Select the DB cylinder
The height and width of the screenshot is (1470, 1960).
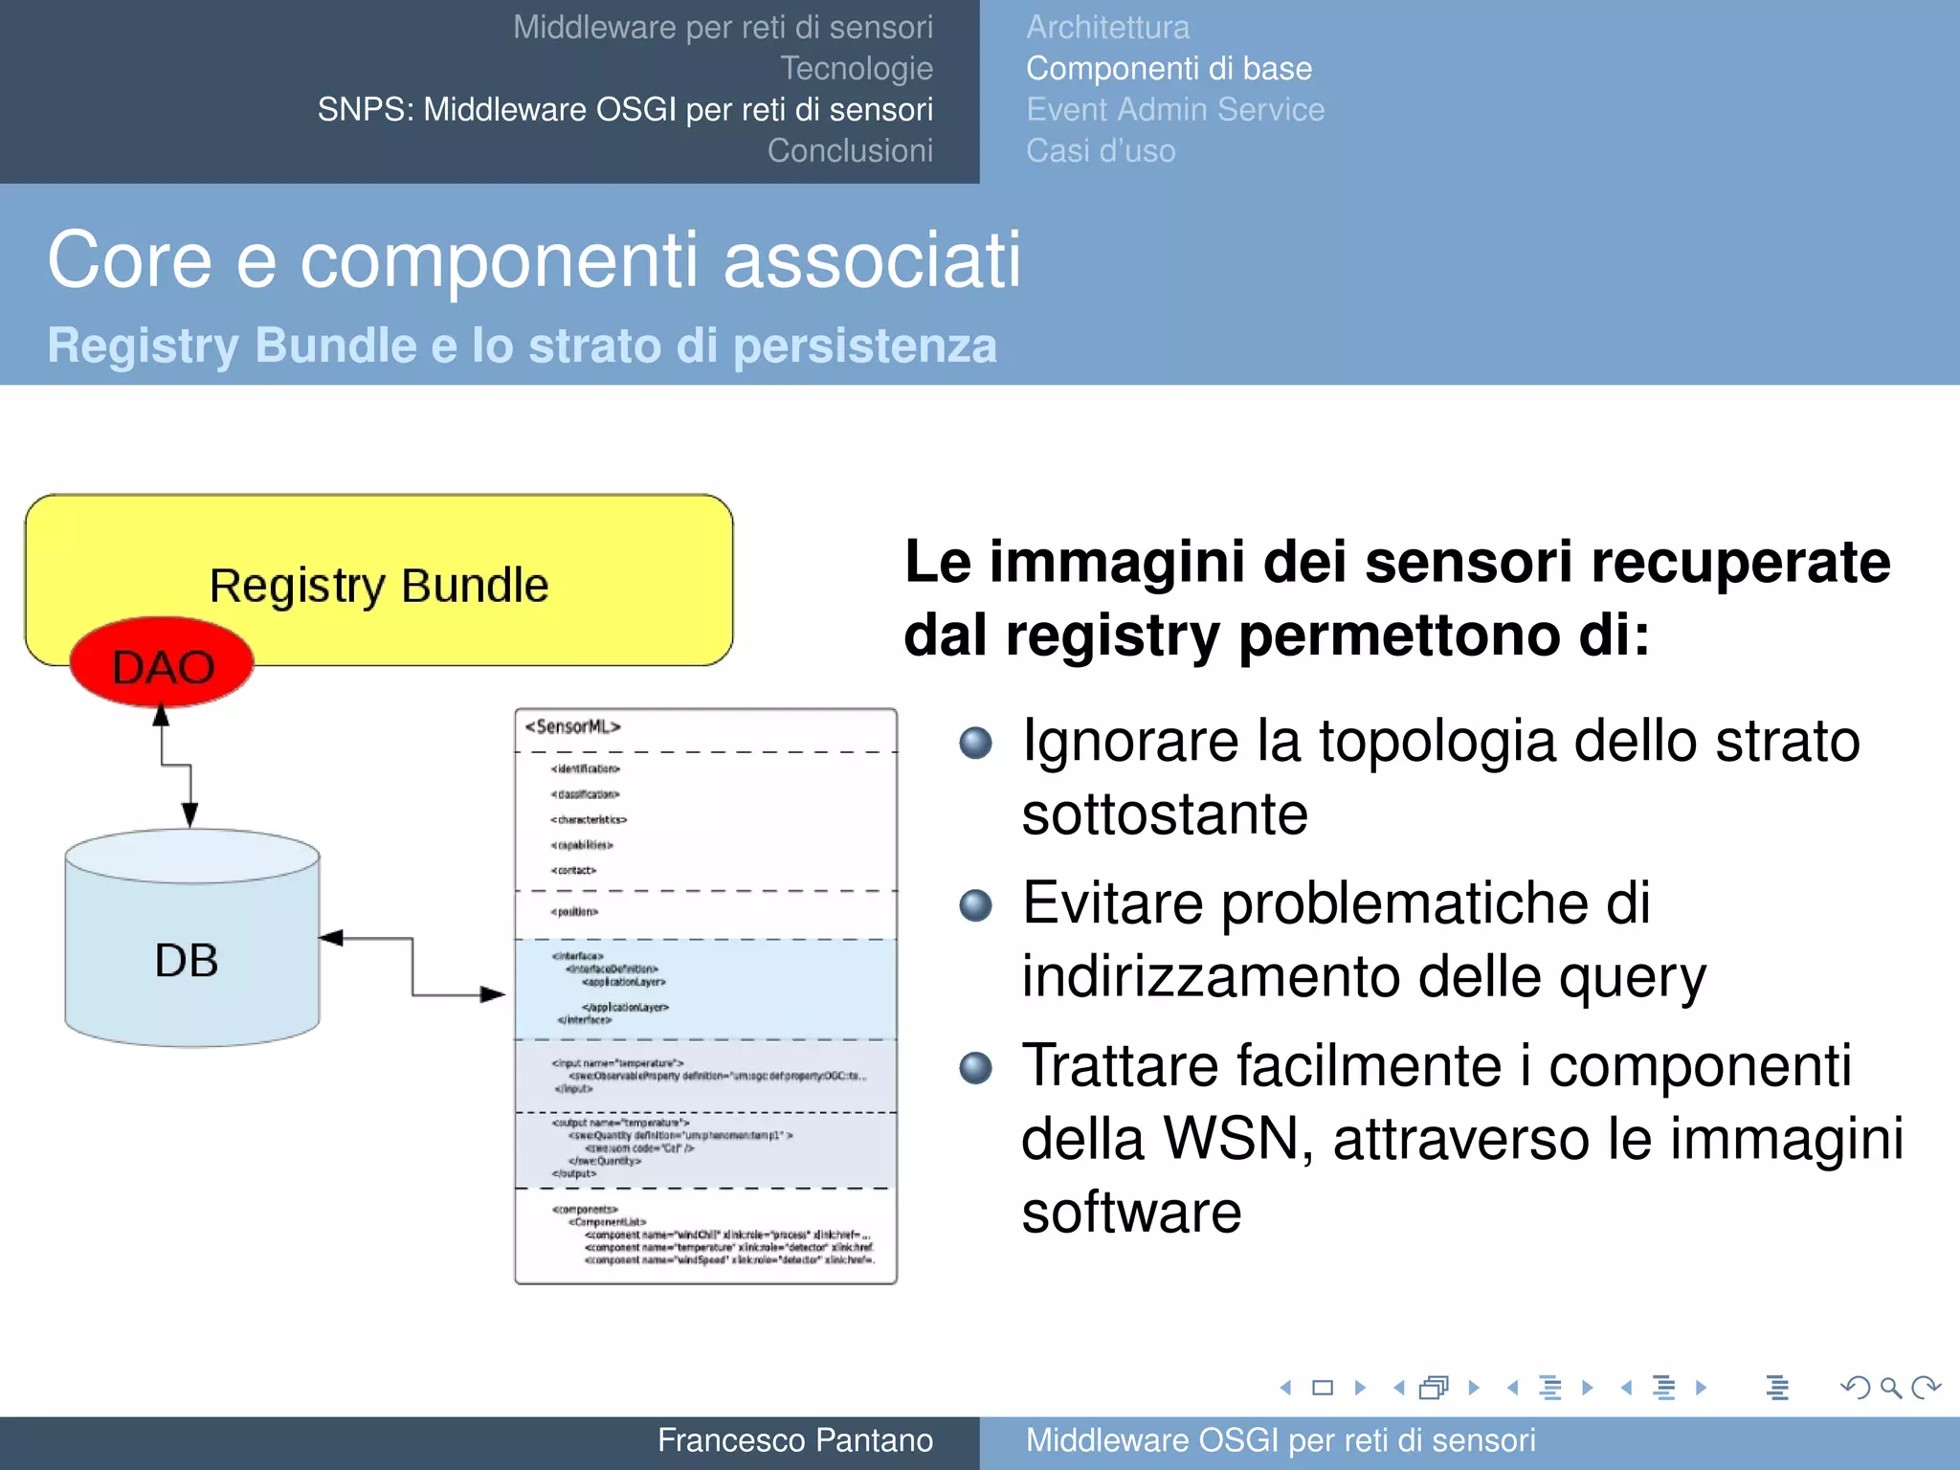pos(191,957)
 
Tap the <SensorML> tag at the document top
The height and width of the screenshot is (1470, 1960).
pos(572,727)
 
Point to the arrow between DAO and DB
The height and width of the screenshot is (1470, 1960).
pos(176,766)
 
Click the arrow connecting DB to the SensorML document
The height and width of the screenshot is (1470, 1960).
pos(412,967)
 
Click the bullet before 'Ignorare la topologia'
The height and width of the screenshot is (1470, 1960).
pos(975,743)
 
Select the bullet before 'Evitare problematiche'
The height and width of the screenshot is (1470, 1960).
pos(975,904)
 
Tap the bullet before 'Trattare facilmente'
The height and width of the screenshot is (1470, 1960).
pos(975,1067)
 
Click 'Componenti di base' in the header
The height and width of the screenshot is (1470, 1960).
pos(1169,69)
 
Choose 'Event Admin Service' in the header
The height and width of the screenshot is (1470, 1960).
pos(1175,110)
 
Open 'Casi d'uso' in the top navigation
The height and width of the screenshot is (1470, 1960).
pos(1101,151)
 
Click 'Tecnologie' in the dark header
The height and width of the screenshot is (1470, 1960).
pos(856,69)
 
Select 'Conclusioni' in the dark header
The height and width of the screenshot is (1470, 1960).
pos(850,151)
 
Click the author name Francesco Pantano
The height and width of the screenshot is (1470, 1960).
pos(794,1440)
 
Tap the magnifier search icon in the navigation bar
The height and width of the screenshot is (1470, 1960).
pos(1890,1388)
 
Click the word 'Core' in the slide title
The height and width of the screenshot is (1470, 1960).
pos(130,260)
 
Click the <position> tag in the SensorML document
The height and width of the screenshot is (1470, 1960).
pos(574,912)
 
